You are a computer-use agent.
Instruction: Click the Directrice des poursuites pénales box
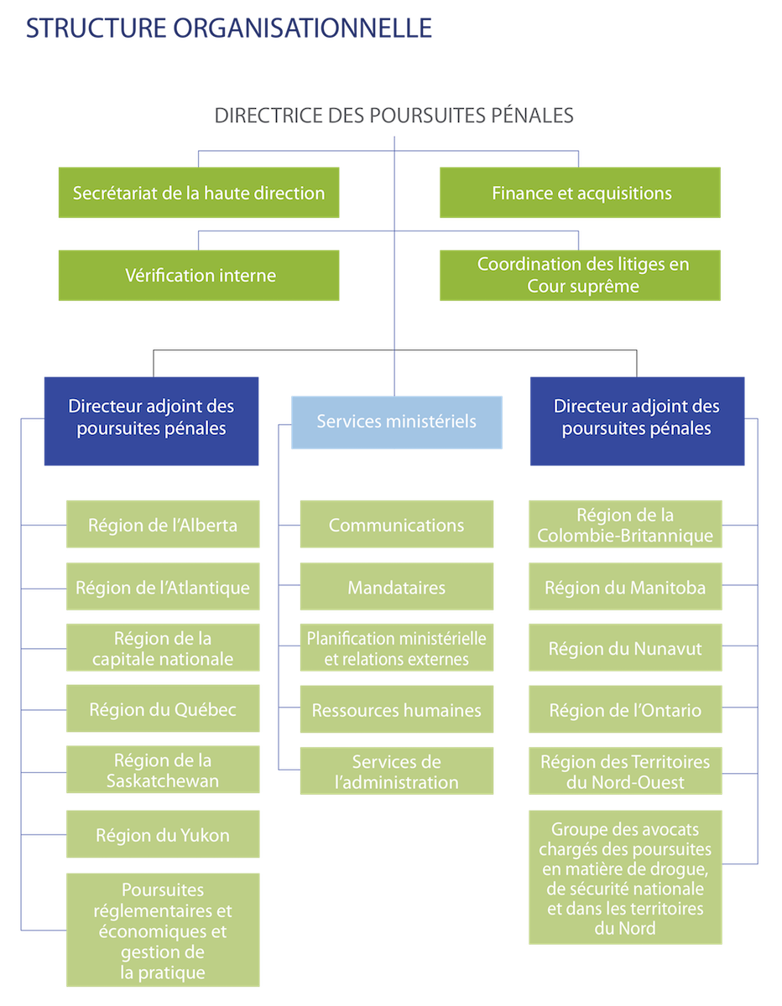point(394,115)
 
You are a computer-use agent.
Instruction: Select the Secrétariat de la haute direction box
point(199,193)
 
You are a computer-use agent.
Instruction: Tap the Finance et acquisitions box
point(581,193)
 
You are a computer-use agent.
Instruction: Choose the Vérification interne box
point(199,275)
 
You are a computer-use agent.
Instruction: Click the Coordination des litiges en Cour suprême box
point(581,275)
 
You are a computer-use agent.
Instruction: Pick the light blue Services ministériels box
point(397,421)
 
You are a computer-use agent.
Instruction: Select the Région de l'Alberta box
point(163,526)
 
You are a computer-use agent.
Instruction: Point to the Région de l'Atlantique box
point(163,588)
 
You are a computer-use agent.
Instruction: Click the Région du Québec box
point(163,710)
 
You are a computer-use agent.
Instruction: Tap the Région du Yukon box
point(163,835)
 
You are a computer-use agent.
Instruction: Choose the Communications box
point(397,526)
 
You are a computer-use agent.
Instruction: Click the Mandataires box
point(397,588)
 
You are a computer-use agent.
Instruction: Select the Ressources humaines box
point(397,710)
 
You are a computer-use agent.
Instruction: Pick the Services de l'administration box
point(397,772)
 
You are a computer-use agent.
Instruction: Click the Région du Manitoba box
point(625,588)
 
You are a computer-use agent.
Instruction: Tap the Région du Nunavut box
point(625,649)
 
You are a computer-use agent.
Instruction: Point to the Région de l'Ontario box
point(625,710)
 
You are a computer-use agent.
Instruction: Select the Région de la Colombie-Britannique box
point(625,526)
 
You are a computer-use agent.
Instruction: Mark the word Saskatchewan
point(163,781)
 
